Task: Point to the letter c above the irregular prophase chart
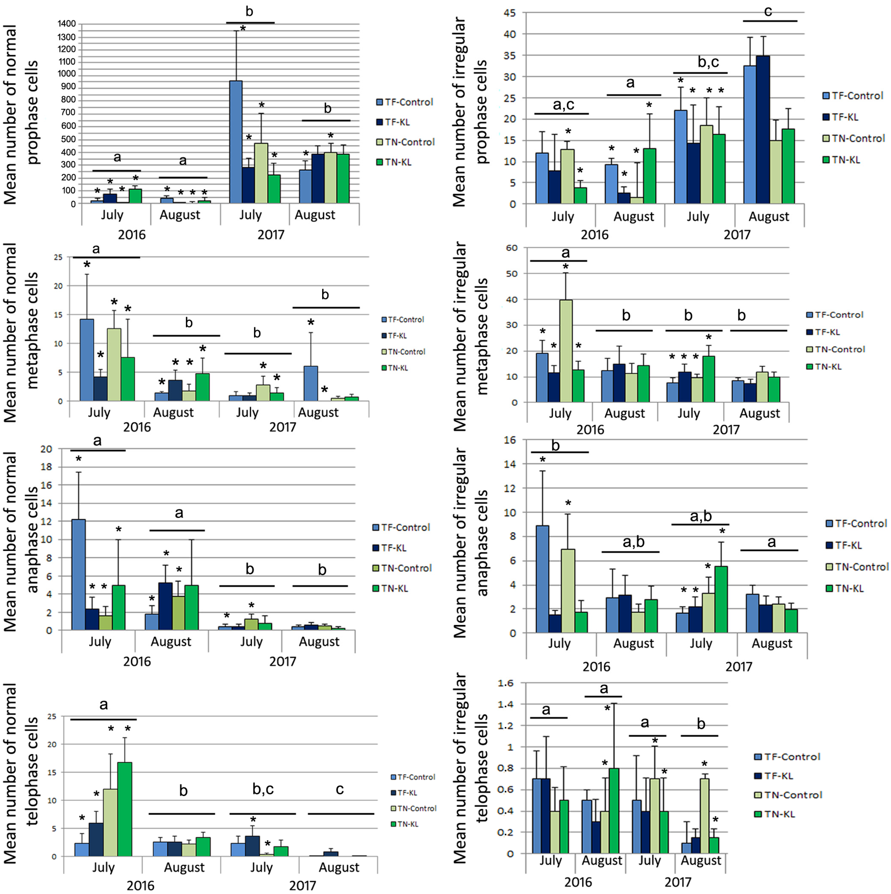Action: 768,11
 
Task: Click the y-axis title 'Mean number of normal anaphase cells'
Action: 21,541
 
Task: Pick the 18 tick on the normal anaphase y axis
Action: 48,467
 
